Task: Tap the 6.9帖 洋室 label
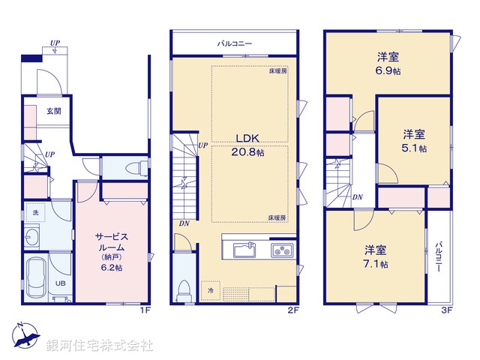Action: pos(386,62)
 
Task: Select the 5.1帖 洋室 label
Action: pos(414,141)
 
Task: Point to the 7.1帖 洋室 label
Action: pos(376,256)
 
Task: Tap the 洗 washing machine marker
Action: pos(34,213)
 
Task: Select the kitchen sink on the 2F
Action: pos(244,249)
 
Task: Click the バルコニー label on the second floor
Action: pos(235,44)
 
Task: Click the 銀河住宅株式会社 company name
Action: pos(100,346)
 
